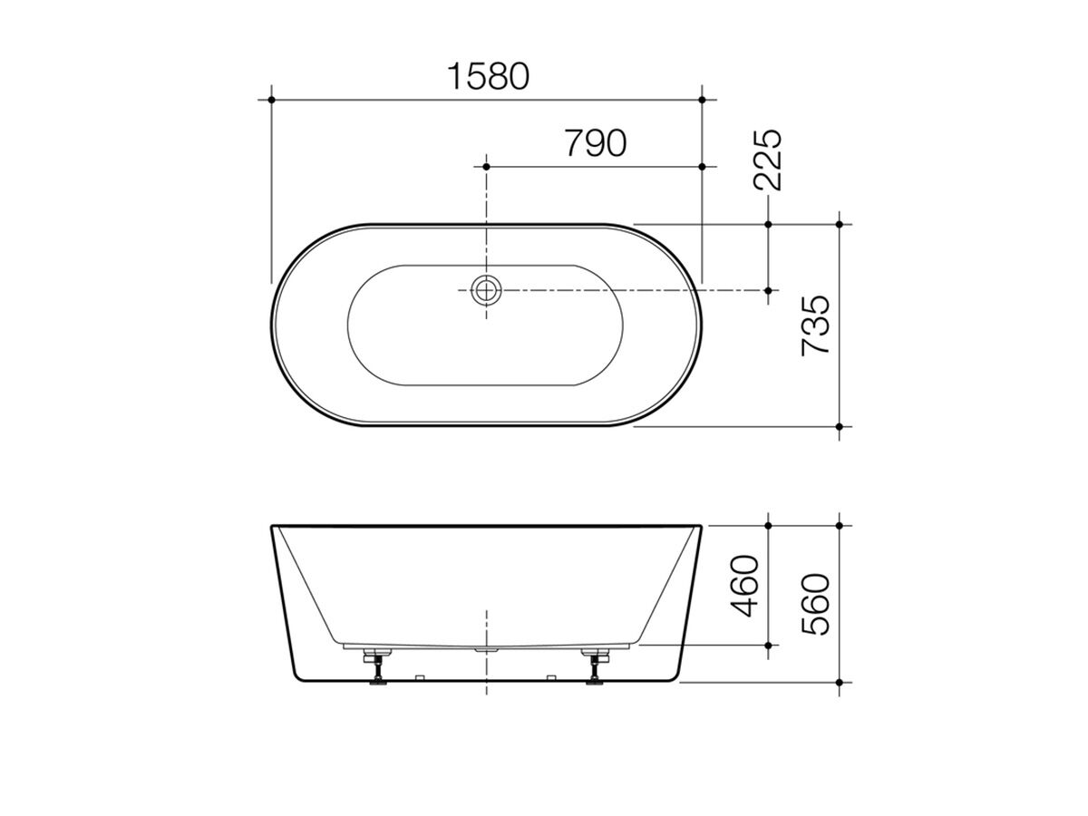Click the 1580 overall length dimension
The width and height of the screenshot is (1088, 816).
click(x=488, y=76)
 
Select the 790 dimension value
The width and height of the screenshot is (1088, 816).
click(x=595, y=143)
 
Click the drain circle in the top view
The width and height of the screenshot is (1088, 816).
click(x=487, y=290)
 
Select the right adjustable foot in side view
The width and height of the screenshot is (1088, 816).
click(x=596, y=667)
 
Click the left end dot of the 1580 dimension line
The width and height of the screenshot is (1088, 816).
click(x=271, y=98)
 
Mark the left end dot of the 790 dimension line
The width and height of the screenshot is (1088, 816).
click(x=487, y=167)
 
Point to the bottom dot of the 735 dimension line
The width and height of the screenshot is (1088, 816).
click(x=840, y=426)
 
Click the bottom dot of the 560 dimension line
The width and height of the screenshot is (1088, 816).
click(x=840, y=682)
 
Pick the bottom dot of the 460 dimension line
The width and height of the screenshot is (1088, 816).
click(x=768, y=645)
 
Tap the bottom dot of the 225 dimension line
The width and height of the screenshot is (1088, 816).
click(x=768, y=290)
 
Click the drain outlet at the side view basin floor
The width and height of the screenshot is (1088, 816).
click(x=487, y=649)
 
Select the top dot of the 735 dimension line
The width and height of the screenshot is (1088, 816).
click(x=840, y=223)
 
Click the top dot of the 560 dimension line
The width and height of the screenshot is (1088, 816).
click(x=840, y=524)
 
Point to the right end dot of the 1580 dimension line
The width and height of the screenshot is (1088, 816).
click(x=703, y=98)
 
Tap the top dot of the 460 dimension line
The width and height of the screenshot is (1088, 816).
click(x=768, y=524)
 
